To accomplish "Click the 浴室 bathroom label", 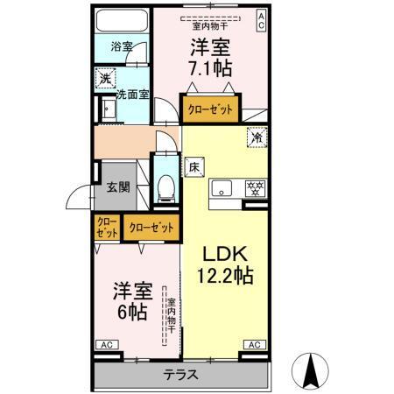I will (122, 46).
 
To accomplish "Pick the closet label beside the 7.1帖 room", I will (210, 111).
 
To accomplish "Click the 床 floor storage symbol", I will (193, 165).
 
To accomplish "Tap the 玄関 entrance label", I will (119, 186).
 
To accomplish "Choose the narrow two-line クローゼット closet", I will (107, 228).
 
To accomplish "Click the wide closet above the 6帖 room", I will (151, 228).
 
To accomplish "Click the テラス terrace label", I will (179, 375).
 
